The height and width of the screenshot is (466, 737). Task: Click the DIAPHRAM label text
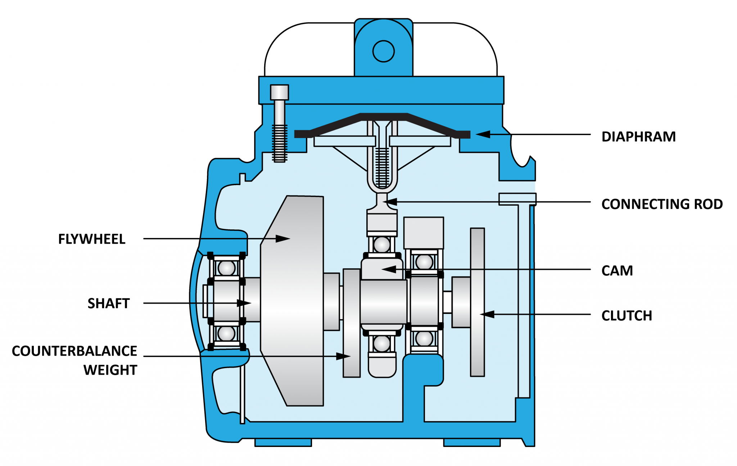638,137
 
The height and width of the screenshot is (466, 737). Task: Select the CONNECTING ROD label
662,204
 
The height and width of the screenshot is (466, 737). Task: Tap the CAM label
617,270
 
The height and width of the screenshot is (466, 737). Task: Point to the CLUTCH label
627,315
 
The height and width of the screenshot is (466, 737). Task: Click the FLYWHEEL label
92,239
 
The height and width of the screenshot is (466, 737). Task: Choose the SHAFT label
108,303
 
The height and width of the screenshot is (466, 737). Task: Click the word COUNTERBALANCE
74,351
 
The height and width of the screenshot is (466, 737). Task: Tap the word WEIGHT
110,370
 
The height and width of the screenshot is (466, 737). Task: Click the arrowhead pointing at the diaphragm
483,134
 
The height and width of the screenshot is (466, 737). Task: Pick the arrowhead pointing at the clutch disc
487,314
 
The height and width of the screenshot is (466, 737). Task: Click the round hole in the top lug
383,51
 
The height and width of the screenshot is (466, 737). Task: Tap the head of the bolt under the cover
279,92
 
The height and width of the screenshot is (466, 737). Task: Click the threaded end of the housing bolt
279,144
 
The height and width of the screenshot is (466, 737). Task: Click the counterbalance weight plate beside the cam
351,324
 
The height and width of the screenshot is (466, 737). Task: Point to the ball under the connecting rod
382,245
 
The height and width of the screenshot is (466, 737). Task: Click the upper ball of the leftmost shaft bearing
227,268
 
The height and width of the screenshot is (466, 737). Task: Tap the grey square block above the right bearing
424,233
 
